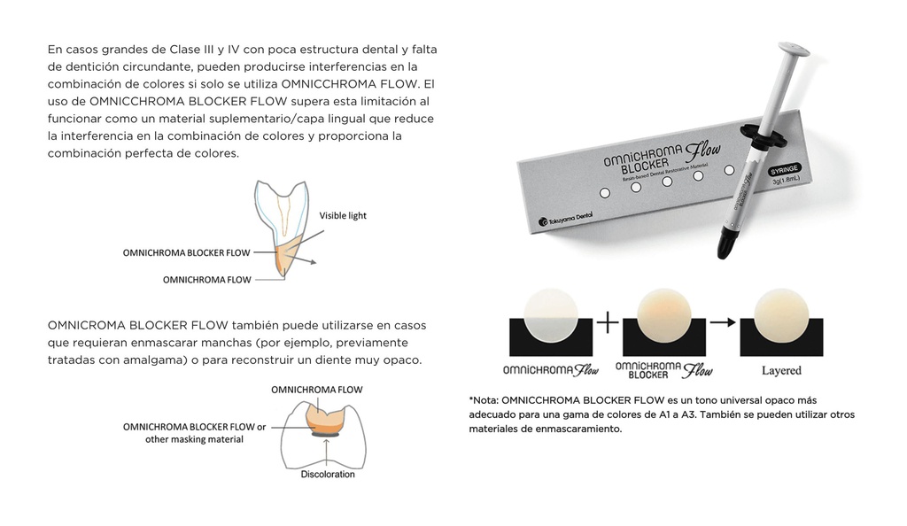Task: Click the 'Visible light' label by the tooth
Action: click(343, 215)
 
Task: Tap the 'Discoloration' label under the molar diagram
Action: click(327, 475)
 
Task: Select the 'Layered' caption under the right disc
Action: click(781, 370)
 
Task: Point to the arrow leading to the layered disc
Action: click(724, 322)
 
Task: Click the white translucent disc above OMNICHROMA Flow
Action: click(551, 315)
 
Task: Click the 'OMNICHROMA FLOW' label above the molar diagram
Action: click(316, 390)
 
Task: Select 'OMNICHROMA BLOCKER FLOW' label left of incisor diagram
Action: click(186, 252)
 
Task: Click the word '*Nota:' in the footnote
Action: click(484, 399)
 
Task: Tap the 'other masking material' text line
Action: click(194, 439)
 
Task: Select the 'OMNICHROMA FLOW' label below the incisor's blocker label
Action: click(206, 279)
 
